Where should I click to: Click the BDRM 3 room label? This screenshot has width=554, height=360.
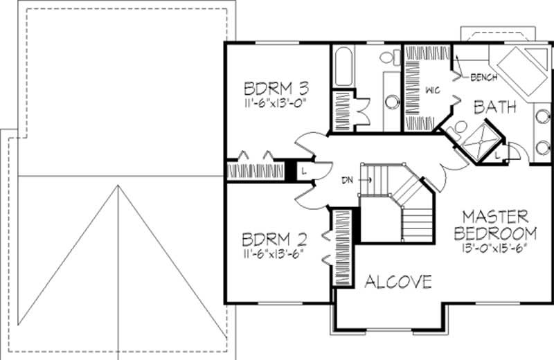click(x=276, y=89)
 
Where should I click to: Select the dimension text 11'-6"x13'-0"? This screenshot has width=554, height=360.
click(x=276, y=102)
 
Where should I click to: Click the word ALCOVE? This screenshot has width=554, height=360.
click(x=398, y=282)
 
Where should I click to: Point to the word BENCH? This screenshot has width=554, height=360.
click(x=483, y=77)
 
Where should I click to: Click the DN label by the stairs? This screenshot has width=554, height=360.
click(x=348, y=181)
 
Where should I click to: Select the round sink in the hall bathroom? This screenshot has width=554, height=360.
click(x=392, y=102)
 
